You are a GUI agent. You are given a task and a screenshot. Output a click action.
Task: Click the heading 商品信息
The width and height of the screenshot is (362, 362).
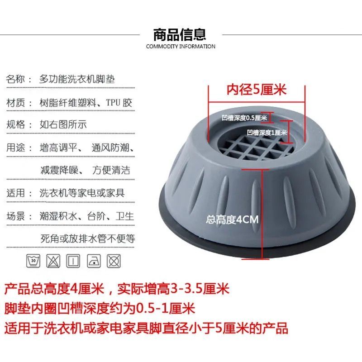point(180,34)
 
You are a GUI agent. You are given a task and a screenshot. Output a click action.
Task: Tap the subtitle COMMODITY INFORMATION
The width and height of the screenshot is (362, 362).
point(181,47)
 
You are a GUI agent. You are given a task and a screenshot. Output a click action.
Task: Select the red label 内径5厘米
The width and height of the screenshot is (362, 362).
point(257,90)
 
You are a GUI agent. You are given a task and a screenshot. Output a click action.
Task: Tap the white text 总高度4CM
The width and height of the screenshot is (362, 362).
point(231,220)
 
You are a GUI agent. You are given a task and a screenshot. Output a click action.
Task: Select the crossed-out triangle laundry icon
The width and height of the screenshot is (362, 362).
point(52,261)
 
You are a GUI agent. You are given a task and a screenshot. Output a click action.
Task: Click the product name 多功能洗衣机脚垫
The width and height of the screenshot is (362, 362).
point(76,79)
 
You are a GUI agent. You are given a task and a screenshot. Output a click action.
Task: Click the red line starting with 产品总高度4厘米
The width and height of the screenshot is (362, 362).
point(117,288)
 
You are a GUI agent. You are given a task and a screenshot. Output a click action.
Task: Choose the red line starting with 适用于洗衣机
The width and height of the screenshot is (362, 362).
point(146,328)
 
